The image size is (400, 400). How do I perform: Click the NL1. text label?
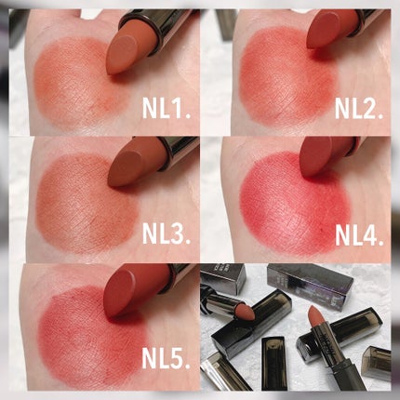coord(166,108)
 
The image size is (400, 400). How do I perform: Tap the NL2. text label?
coord(359,108)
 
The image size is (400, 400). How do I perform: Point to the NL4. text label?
coord(359,235)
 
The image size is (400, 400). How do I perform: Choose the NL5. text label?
coord(166,357)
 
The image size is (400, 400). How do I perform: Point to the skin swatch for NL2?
coord(286,77)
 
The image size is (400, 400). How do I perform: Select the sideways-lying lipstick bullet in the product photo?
coord(245,313)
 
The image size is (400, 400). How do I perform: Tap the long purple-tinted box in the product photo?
coord(310,282)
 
